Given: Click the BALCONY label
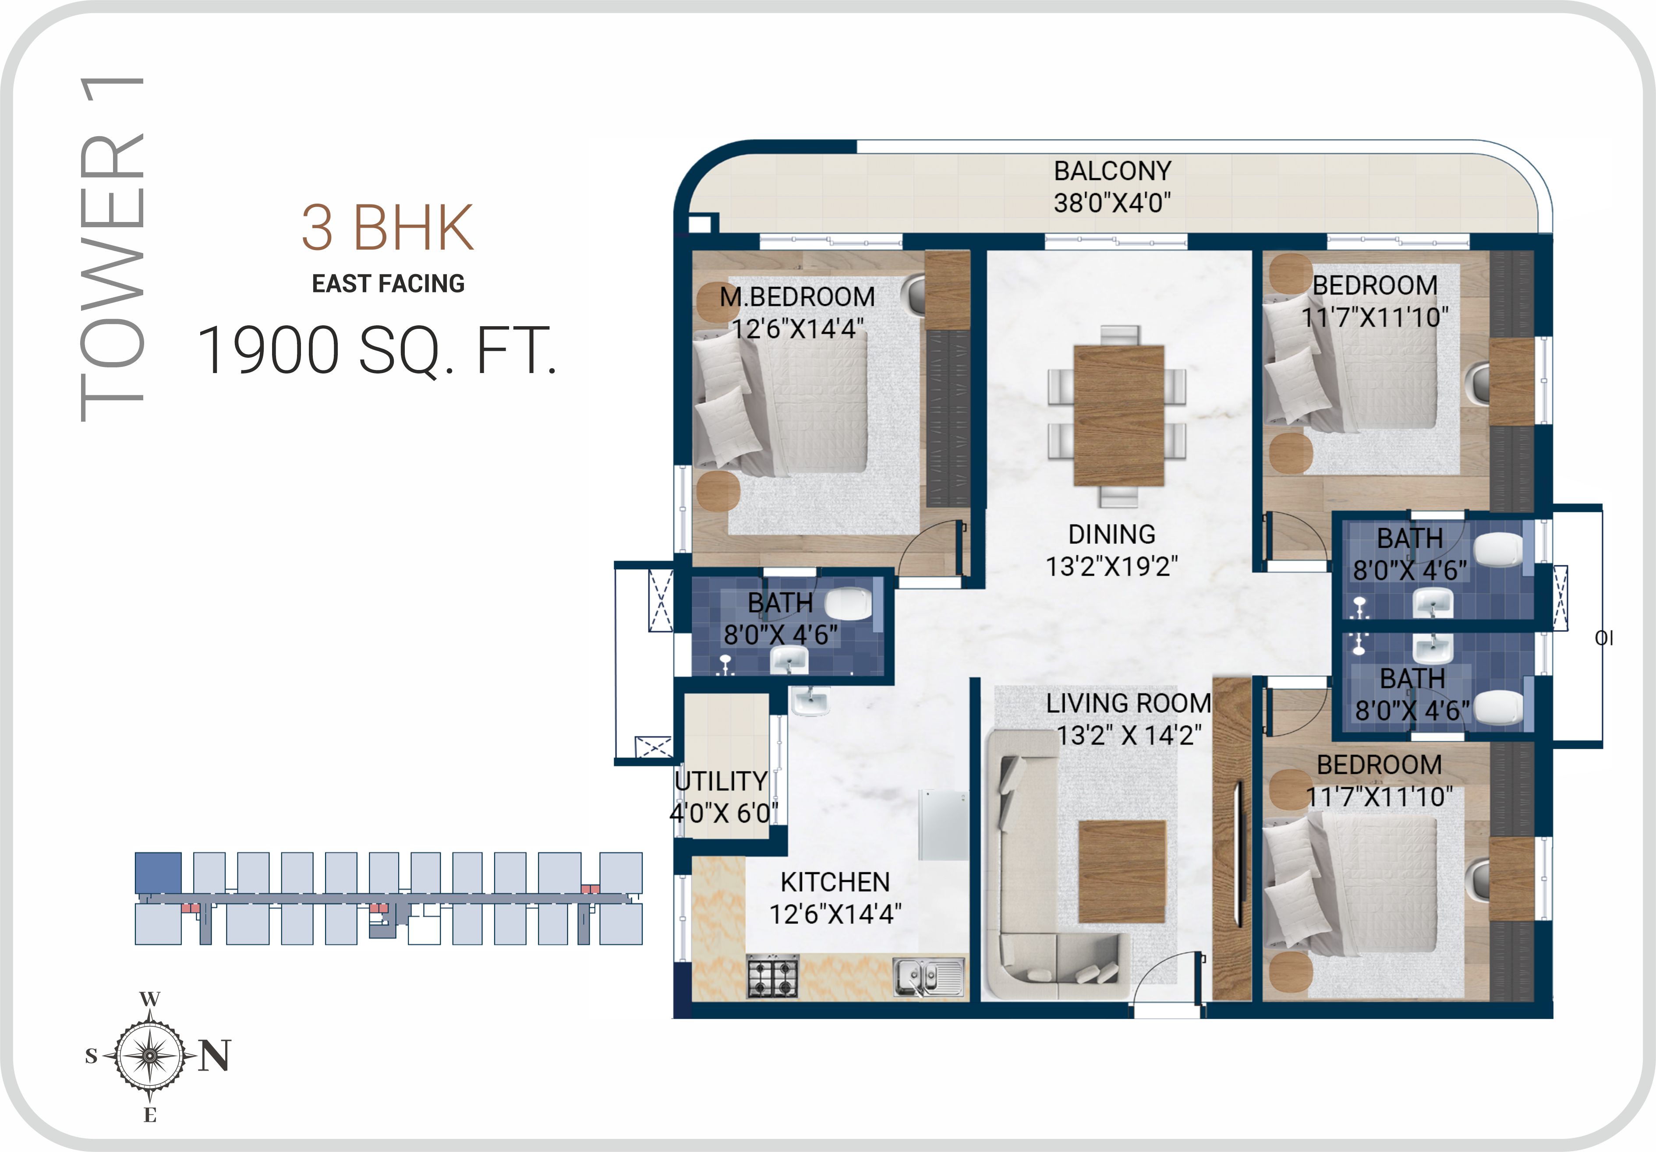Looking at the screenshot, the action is [x=1112, y=171].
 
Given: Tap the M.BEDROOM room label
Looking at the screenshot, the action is [x=797, y=296].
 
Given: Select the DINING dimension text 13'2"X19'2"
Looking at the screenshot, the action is [x=1111, y=567].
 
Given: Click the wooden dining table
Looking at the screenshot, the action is [x=1118, y=416].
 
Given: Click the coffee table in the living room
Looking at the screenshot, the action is [x=1122, y=872].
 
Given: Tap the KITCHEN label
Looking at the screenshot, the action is [x=835, y=882].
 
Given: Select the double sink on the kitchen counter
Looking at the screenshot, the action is [x=929, y=977].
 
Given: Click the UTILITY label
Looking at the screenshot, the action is [x=721, y=781].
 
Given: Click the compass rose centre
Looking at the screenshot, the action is [x=149, y=1055].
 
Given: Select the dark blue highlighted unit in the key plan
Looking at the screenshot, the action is [x=158, y=873].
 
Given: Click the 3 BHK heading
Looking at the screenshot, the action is [x=387, y=227].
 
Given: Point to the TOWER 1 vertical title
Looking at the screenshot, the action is [x=112, y=249].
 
